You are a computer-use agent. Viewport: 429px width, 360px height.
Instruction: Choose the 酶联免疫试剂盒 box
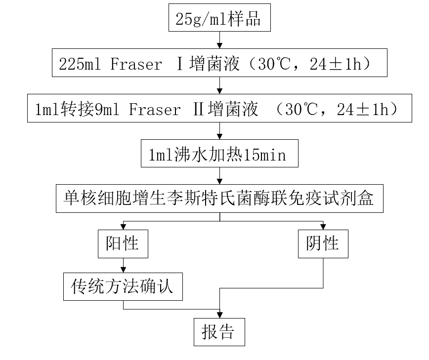pyautogui.click(x=219, y=199)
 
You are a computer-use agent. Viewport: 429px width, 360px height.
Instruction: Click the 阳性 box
pyautogui.click(x=123, y=243)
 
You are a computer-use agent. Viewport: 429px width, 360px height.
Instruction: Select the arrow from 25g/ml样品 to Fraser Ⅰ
pyautogui.click(x=219, y=39)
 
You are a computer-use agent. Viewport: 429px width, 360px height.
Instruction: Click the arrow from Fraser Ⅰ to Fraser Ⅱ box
pyautogui.click(x=219, y=85)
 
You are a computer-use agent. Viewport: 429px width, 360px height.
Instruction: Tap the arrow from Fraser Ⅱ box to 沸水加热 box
pyautogui.click(x=219, y=131)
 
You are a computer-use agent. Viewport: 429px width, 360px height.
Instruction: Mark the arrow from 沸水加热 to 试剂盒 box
pyautogui.click(x=219, y=176)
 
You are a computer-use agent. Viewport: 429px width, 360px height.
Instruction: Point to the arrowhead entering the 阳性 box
pyautogui.click(x=123, y=227)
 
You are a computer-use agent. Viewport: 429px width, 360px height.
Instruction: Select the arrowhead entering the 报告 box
pyautogui.click(x=219, y=316)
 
